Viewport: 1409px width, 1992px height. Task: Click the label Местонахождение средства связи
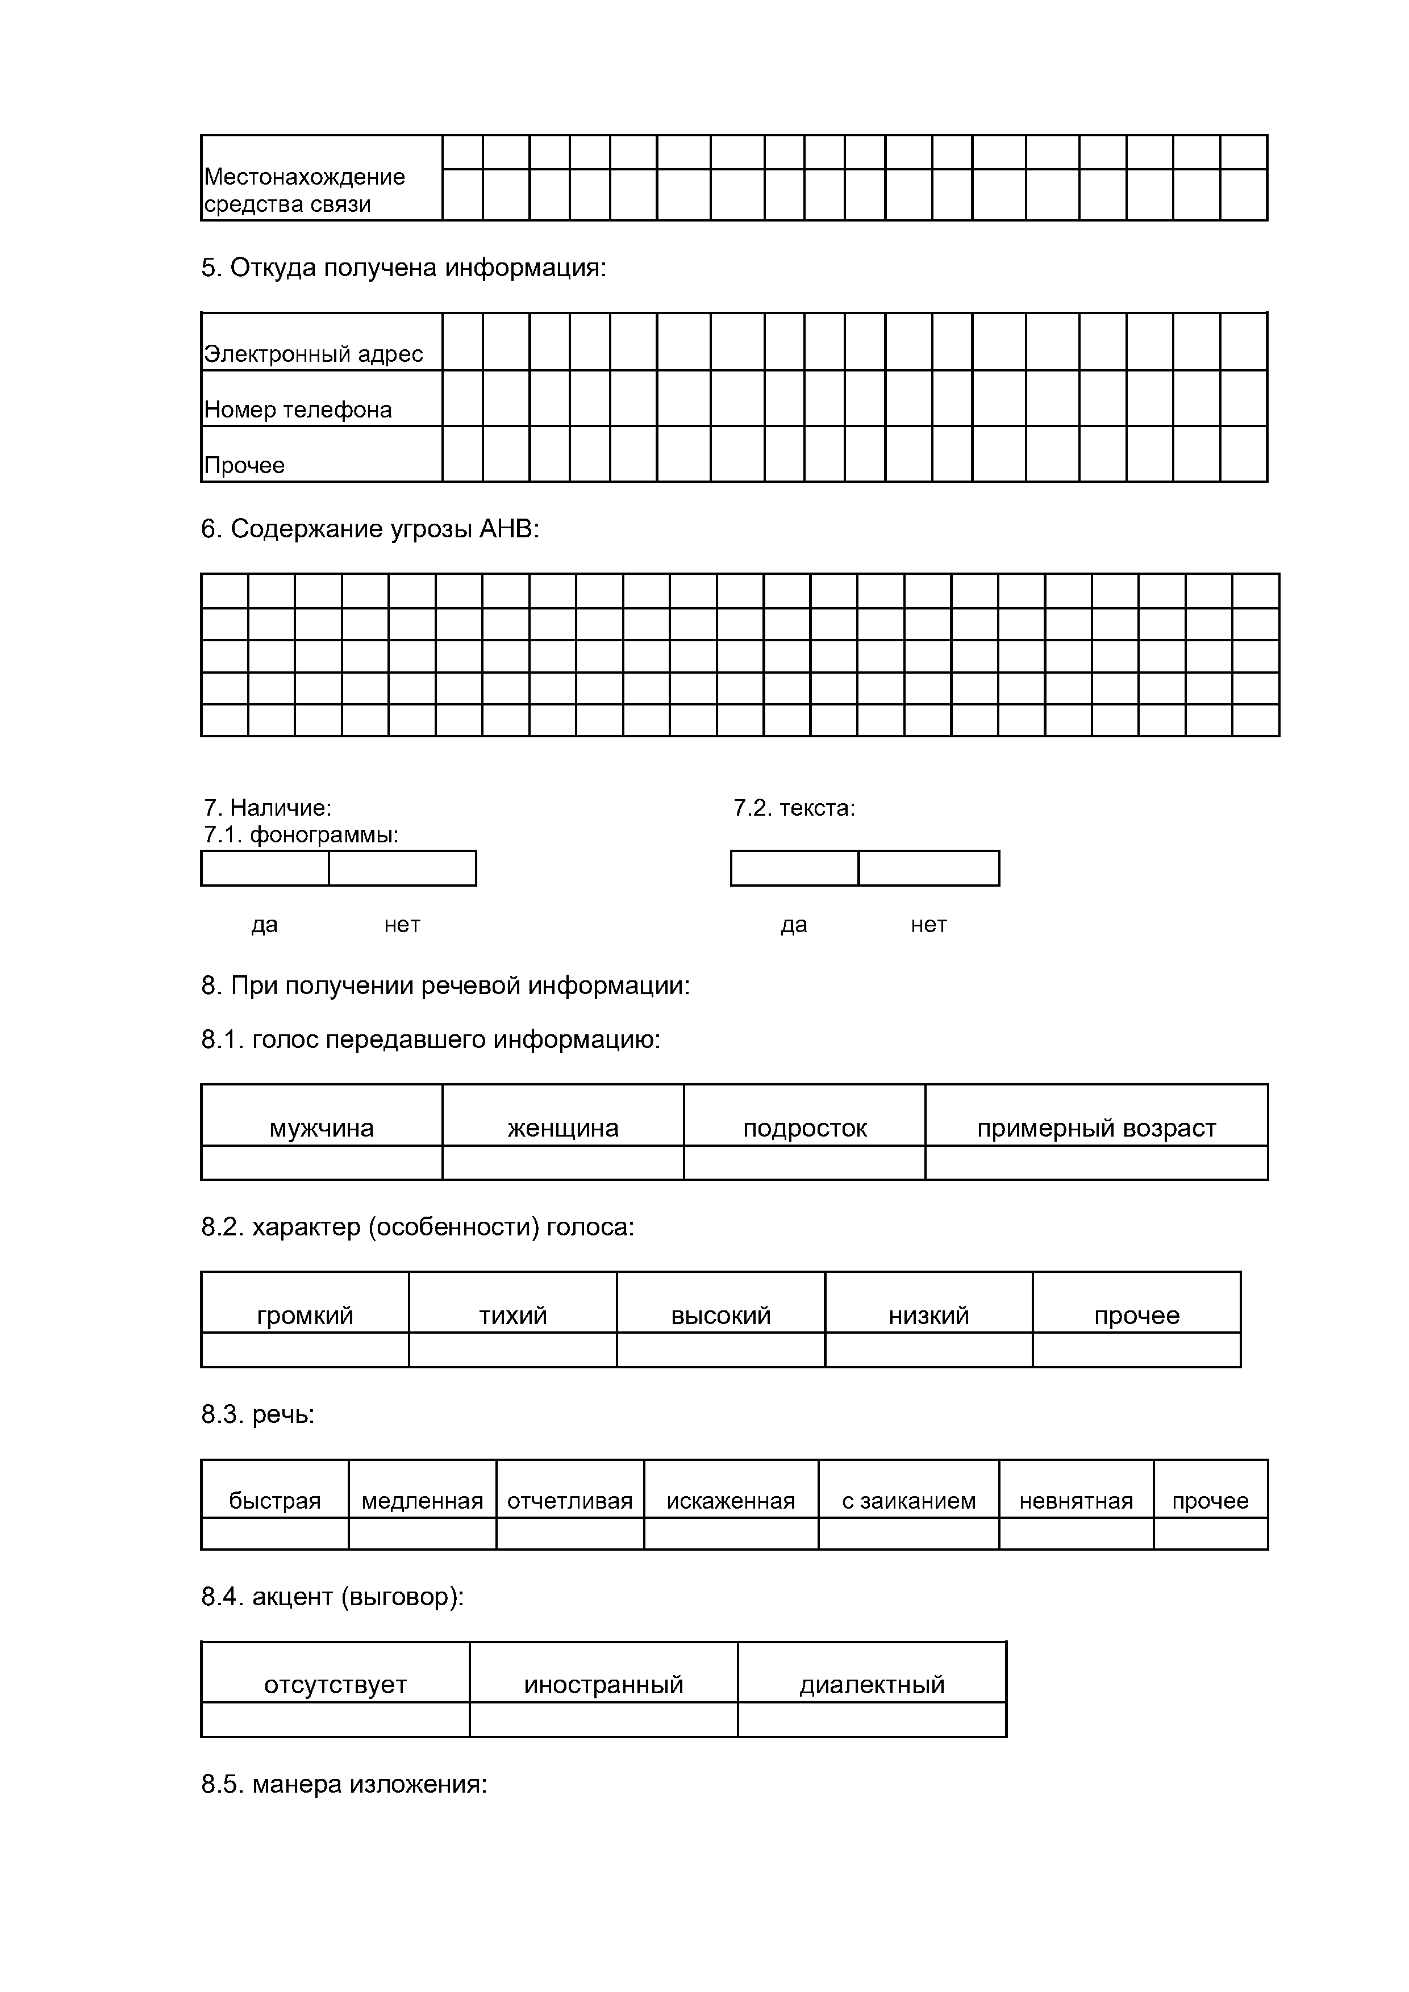tap(305, 190)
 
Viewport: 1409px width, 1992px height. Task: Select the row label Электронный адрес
tap(313, 354)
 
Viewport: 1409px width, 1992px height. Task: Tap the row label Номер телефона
tap(298, 410)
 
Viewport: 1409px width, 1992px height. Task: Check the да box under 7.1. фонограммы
tap(265, 868)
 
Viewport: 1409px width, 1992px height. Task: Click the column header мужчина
tap(322, 1128)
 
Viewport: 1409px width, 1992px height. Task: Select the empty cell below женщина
tap(563, 1163)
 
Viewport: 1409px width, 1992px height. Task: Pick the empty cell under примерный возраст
tap(1096, 1163)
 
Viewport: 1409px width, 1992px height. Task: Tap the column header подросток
tap(804, 1128)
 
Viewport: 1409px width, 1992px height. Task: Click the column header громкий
tap(306, 1316)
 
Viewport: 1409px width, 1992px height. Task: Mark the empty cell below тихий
tap(513, 1350)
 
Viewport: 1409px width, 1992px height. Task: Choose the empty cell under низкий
tap(928, 1350)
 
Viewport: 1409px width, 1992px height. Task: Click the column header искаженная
tap(731, 1501)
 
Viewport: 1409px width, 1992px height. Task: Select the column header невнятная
tap(1076, 1501)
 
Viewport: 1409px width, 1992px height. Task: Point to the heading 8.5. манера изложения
tap(344, 1785)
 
